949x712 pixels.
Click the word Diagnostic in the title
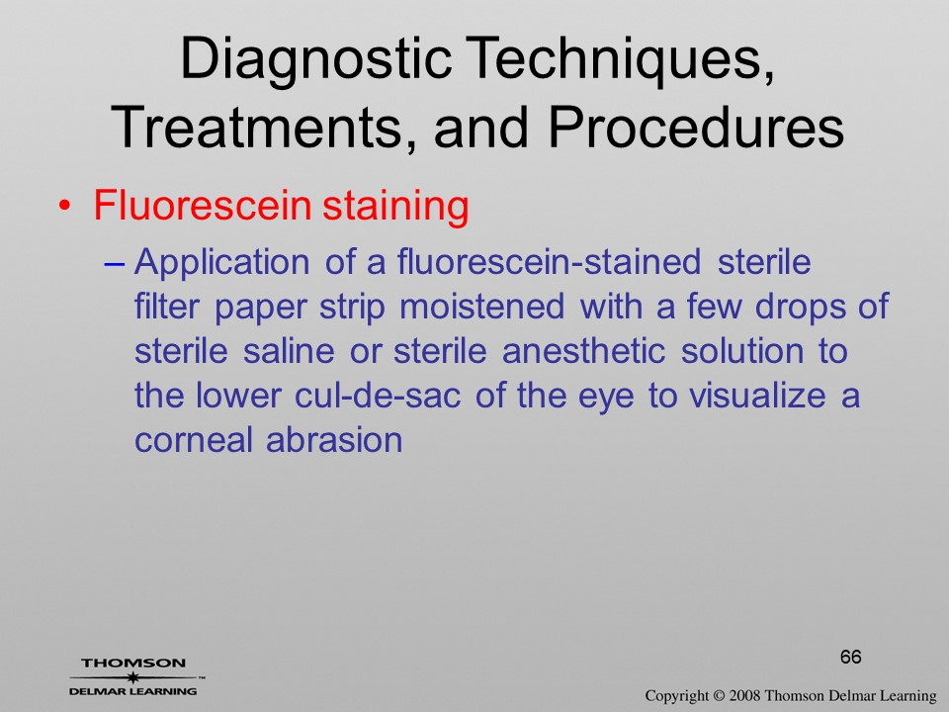[x=315, y=60]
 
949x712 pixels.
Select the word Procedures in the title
[x=697, y=128]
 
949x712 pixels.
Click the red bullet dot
[x=65, y=206]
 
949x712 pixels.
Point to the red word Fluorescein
[x=203, y=206]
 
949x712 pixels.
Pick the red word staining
[x=395, y=207]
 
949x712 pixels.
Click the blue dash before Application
[x=115, y=263]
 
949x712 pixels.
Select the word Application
[x=222, y=263]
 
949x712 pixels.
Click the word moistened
[x=482, y=307]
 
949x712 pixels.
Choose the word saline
[x=289, y=351]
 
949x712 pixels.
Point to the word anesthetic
[x=584, y=351]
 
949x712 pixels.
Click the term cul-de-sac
[x=378, y=396]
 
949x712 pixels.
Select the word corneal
[x=193, y=439]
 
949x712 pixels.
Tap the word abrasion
[x=335, y=439]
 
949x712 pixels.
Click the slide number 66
[x=850, y=657]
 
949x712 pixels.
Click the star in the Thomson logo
[x=132, y=677]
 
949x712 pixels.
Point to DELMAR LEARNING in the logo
[x=133, y=691]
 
